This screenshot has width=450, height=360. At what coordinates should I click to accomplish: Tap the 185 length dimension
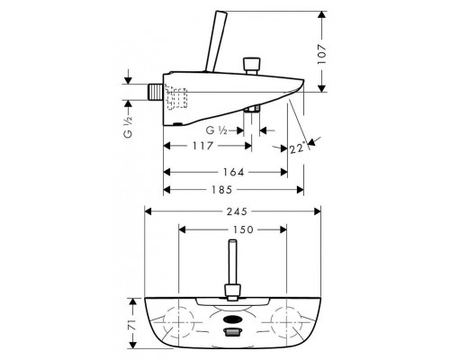(x=231, y=190)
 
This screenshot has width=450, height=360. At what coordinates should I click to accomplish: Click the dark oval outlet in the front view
(x=232, y=317)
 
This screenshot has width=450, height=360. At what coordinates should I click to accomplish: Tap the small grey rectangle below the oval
(x=233, y=333)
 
